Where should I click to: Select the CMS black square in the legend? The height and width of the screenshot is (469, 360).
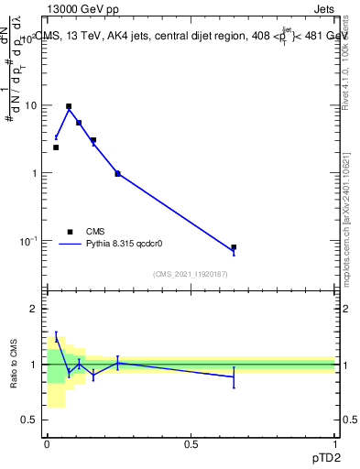70,232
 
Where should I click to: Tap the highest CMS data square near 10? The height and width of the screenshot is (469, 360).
69,106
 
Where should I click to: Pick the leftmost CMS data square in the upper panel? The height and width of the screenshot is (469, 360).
56,147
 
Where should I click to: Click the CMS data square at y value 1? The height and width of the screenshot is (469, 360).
117,173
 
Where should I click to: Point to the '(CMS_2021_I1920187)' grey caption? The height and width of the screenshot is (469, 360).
191,274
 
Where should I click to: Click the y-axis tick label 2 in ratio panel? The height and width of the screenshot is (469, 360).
35,310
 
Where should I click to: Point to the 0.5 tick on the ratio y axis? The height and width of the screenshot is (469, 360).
30,420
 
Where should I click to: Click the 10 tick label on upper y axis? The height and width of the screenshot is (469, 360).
31,105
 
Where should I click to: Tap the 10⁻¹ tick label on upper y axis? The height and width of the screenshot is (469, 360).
28,240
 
